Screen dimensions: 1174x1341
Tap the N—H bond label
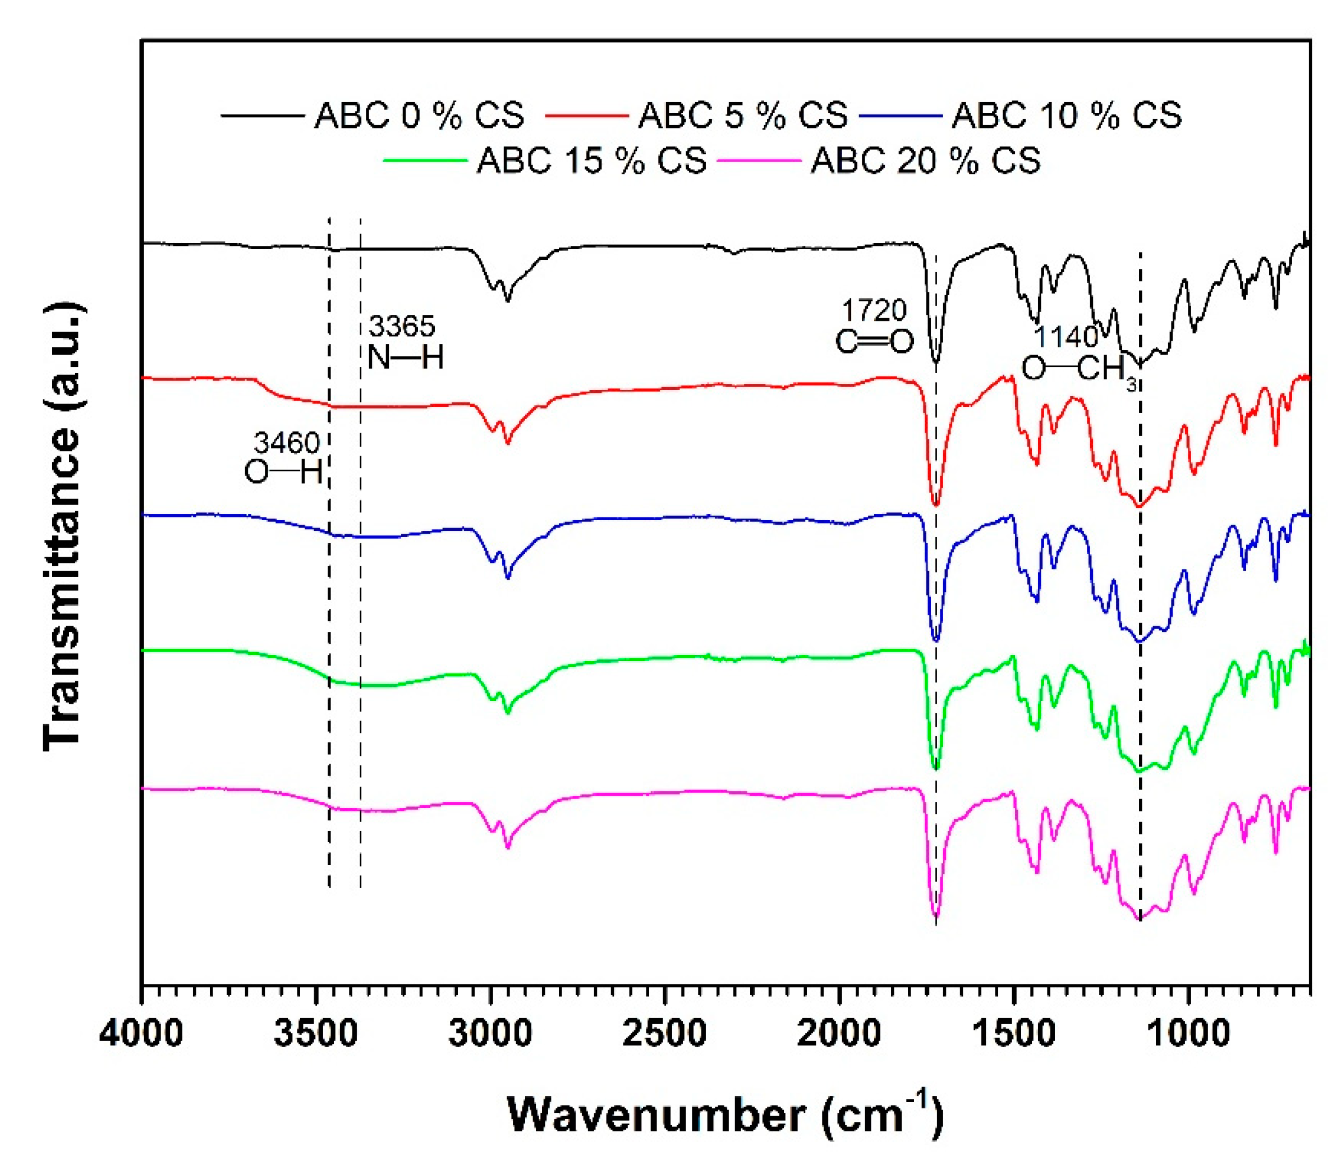pyautogui.click(x=406, y=357)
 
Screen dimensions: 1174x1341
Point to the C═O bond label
pyautogui.click(x=874, y=342)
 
